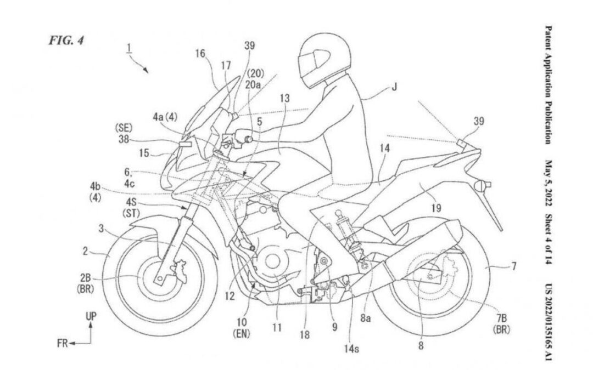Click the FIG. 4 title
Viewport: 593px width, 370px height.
coord(66,41)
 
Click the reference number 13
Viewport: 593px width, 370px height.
coord(284,99)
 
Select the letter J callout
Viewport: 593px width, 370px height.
coord(394,88)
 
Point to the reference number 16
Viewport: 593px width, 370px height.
coord(200,54)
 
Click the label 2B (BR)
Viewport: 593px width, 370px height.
coord(86,283)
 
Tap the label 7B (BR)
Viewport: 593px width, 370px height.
coord(501,323)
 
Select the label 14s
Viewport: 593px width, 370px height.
coord(351,349)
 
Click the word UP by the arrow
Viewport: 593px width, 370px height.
coord(91,316)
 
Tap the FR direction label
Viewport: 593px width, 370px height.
coord(63,343)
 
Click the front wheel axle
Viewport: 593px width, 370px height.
coord(160,279)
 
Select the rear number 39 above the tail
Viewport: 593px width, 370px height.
coord(478,121)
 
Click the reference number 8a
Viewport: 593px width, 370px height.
coord(365,318)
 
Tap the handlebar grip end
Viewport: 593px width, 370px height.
coord(249,140)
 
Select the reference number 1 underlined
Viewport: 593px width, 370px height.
coord(129,48)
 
